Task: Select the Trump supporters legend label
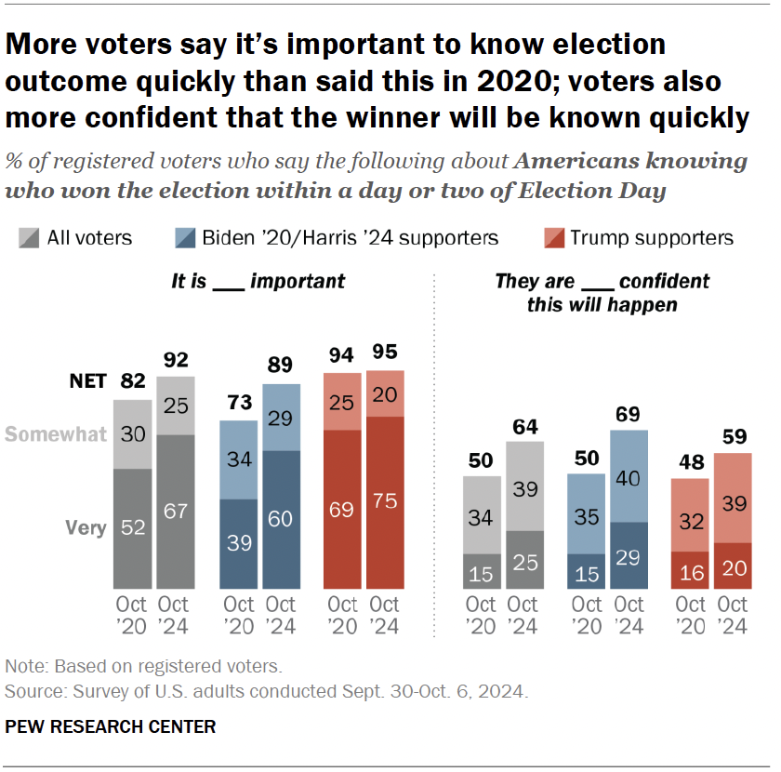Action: click(x=652, y=238)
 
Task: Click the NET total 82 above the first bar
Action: click(x=133, y=381)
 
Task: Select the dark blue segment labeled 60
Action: click(x=281, y=519)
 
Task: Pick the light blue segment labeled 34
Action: click(x=239, y=459)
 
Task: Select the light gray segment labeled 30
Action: click(x=133, y=434)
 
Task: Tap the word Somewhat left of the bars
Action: click(x=55, y=434)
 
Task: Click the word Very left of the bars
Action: click(x=86, y=527)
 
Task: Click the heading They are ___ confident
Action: click(x=602, y=291)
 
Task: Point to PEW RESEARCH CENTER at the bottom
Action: click(x=111, y=726)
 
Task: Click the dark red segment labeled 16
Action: click(x=690, y=570)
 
